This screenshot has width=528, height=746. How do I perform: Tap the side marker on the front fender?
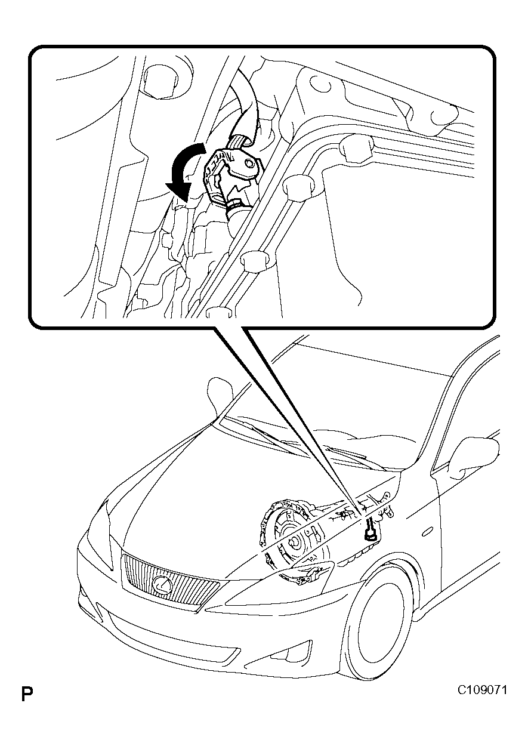428,532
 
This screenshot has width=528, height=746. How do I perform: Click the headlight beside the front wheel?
280,585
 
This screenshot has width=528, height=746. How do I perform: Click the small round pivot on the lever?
248,163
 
